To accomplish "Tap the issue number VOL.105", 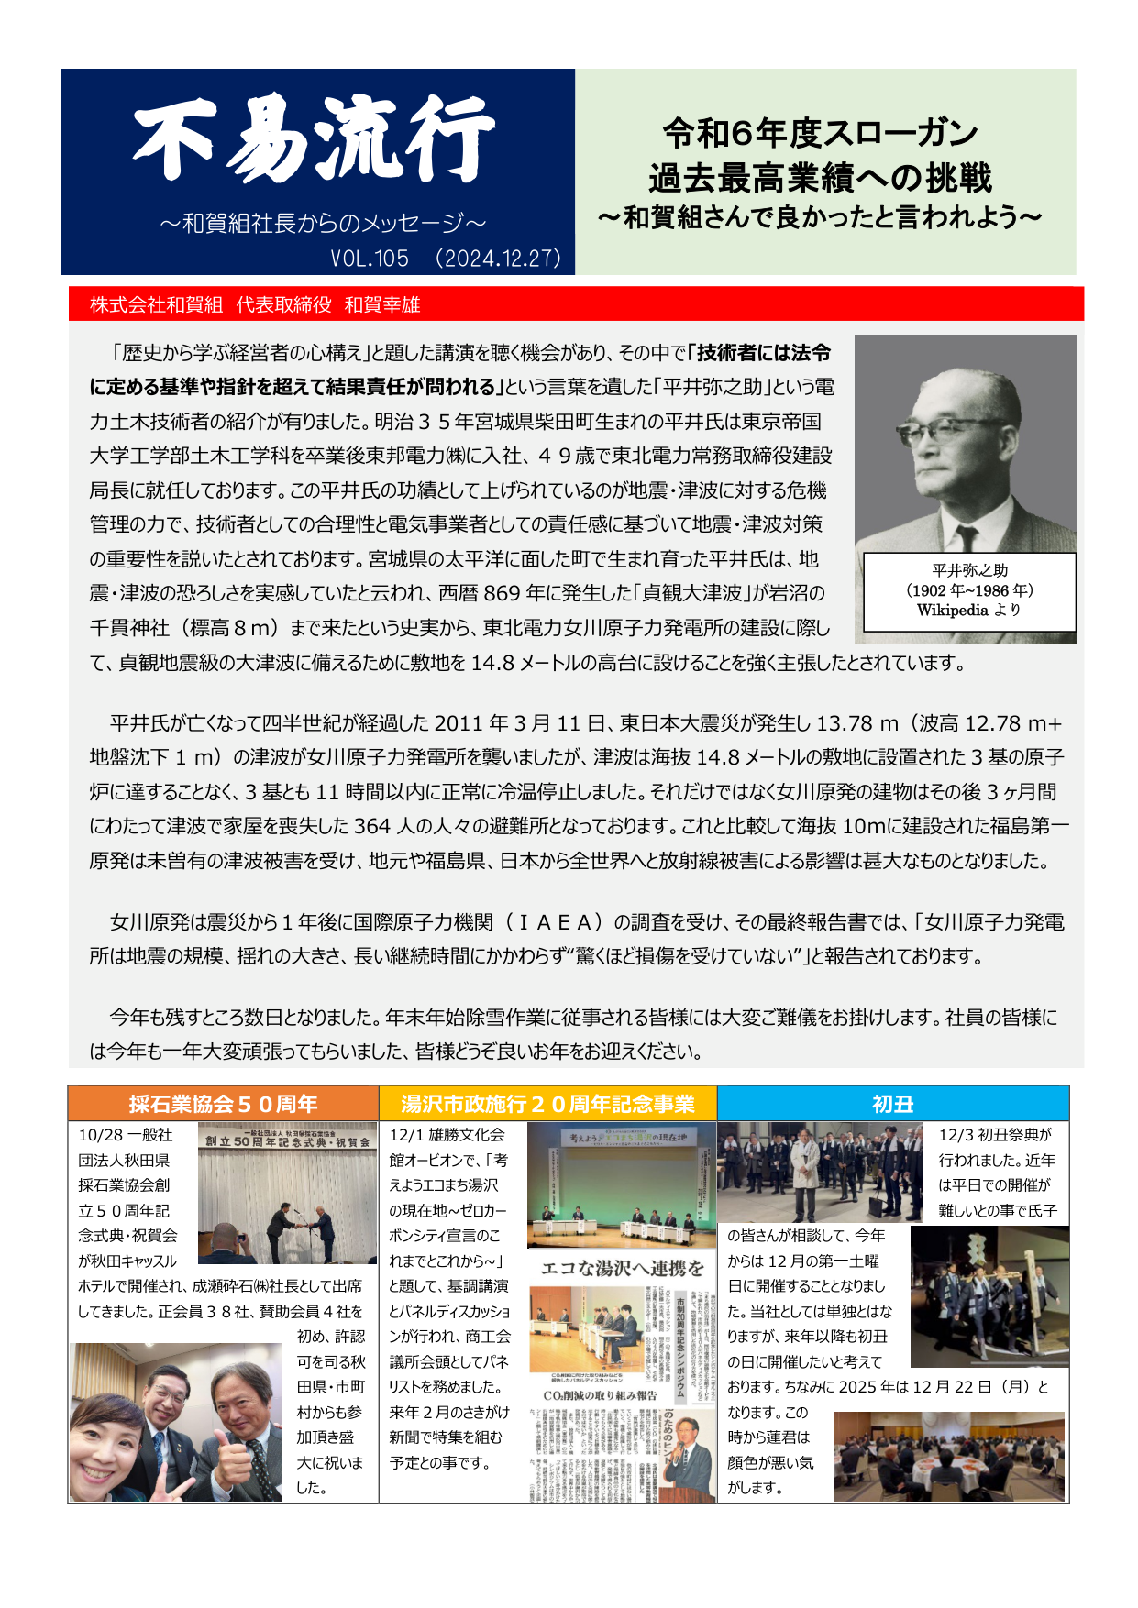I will point(370,259).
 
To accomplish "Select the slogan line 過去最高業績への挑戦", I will point(820,177).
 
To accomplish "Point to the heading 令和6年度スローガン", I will point(820,134).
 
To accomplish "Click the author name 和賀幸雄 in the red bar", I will point(382,305).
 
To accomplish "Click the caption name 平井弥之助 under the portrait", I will point(969,570).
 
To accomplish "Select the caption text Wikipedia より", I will point(968,611).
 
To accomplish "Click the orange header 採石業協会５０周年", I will point(223,1104).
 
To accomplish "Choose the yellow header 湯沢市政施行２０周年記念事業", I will point(547,1104).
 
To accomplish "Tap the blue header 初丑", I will point(892,1104).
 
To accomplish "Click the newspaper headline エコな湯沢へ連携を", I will point(622,1268).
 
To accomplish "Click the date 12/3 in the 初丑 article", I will point(955,1135).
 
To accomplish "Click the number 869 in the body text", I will point(502,593).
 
